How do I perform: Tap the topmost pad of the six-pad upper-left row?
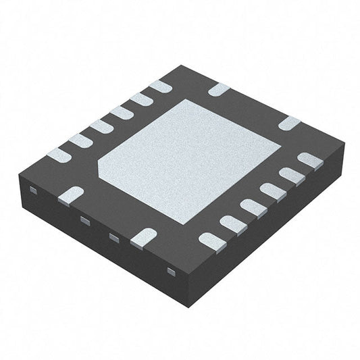pyautogui.click(x=160, y=86)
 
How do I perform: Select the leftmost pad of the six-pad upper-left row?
pyautogui.click(x=59, y=155)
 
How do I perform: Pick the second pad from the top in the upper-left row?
pyautogui.click(x=141, y=99)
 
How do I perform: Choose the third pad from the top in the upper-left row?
pyautogui.click(x=122, y=113)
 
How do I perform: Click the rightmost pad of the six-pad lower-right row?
pyautogui.click(x=310, y=161)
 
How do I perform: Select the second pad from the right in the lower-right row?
pyautogui.click(x=292, y=176)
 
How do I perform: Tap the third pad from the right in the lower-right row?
pyautogui.click(x=273, y=191)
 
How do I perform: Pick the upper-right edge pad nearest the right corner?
pyautogui.click(x=288, y=124)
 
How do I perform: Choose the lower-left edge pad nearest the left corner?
pyautogui.click(x=71, y=195)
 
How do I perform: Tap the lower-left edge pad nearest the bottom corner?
pyautogui.click(x=143, y=236)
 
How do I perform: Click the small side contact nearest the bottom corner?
pyautogui.click(x=170, y=272)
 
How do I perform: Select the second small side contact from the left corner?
pyautogui.click(x=85, y=220)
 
